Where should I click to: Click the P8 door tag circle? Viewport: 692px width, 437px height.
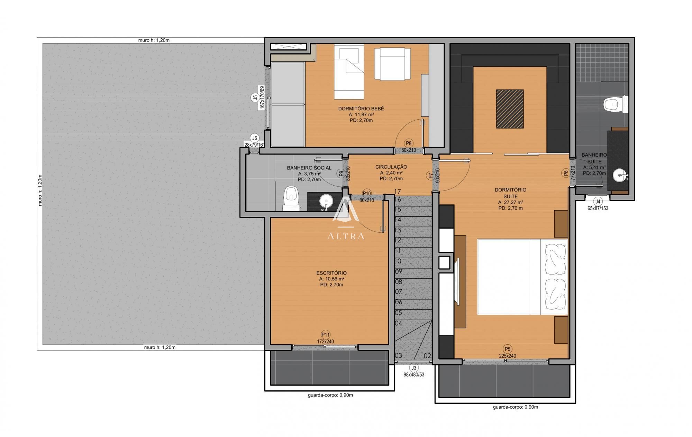tap(409, 143)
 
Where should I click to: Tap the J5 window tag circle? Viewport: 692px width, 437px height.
tap(255, 98)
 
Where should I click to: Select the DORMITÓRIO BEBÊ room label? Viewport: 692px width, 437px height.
tap(361, 109)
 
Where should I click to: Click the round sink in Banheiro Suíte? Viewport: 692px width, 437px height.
tap(619, 176)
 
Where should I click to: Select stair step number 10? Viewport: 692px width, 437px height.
tap(398, 261)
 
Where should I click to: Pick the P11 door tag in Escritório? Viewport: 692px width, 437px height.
tap(326, 334)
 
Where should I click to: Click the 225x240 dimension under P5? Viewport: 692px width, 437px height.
tap(508, 356)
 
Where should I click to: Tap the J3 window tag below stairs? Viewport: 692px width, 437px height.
tap(414, 368)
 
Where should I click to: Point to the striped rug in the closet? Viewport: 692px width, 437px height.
tap(510, 109)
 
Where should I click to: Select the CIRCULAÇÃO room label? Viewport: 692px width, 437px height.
tap(391, 167)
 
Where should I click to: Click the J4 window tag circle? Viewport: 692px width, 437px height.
tap(598, 202)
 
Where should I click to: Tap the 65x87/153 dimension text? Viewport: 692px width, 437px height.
tap(598, 208)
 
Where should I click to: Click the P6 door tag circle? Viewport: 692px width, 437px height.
tap(566, 174)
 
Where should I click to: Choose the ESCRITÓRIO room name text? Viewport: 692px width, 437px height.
tap(331, 273)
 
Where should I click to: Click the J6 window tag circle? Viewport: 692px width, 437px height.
tap(255, 138)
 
